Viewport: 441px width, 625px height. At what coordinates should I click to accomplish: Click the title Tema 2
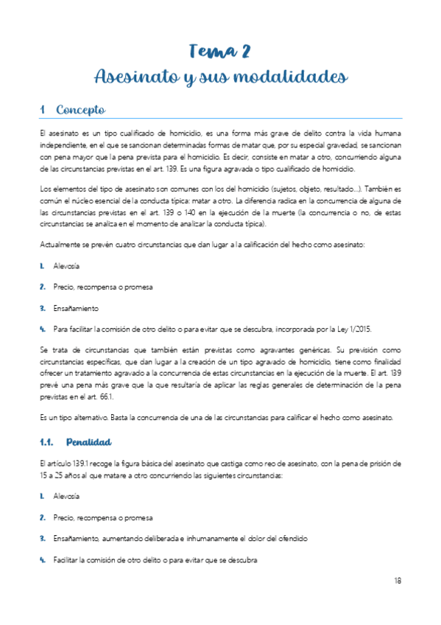coord(219,51)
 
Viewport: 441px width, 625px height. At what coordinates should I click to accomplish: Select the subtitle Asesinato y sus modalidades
coord(219,77)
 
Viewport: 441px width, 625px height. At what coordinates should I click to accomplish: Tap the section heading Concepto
coord(81,110)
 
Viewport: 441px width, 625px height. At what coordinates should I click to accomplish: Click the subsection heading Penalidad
coord(88,442)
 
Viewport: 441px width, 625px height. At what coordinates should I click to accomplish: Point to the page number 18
coord(398,581)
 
